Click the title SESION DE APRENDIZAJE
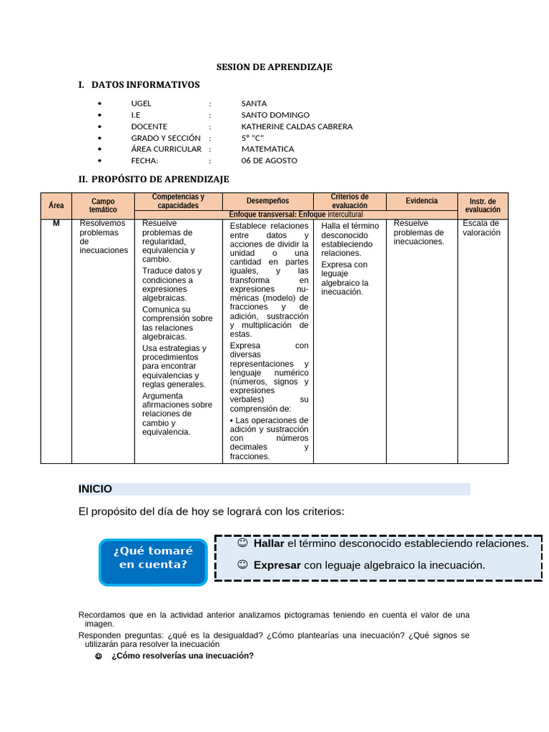[274, 67]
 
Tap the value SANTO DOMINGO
[275, 115]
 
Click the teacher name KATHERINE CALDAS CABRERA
[297, 127]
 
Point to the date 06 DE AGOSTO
[269, 161]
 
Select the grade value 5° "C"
[253, 138]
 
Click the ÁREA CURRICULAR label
[166, 149]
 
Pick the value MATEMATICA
[267, 149]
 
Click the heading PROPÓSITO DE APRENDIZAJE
[160, 179]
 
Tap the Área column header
[56, 206]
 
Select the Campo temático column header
[103, 206]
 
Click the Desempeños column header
[268, 202]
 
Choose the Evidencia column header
[422, 201]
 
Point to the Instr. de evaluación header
[483, 206]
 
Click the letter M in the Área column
[56, 224]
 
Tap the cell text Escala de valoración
[482, 228]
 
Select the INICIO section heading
[96, 489]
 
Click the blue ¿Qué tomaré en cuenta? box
[153, 558]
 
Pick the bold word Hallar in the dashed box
[269, 543]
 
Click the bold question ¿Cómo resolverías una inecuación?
[182, 656]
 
